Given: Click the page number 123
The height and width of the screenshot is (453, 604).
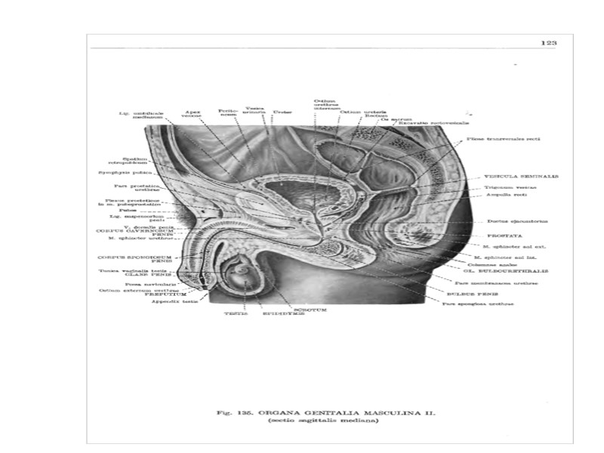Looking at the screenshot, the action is point(549,43).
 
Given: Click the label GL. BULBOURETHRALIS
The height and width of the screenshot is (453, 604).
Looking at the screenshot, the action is point(494,271).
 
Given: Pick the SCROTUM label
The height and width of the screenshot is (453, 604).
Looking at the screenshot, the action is point(310,308).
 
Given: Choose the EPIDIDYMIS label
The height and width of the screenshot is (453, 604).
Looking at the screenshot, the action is point(282,313).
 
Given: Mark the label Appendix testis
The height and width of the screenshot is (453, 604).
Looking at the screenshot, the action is point(171,302).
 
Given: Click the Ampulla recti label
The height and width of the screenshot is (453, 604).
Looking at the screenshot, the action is point(505,195).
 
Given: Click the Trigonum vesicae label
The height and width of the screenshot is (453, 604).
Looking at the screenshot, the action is point(509,186).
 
